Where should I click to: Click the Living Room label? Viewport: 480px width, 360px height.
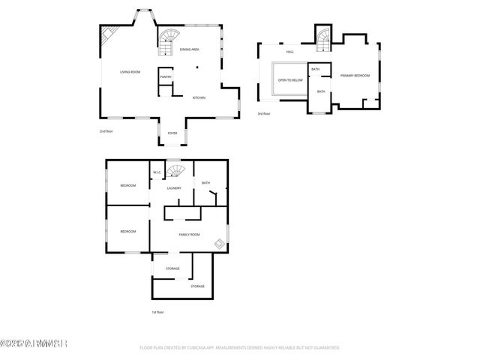(130, 72)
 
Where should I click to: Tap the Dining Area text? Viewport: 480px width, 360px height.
(189, 49)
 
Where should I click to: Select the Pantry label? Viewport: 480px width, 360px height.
(165, 76)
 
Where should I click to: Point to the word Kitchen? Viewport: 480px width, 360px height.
(199, 97)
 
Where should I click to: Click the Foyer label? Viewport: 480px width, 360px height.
(172, 133)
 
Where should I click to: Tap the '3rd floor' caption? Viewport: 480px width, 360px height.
(263, 113)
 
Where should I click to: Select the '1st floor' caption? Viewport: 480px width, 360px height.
(157, 312)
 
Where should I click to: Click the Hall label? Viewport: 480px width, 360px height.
(289, 52)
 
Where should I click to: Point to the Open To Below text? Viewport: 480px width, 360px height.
(290, 79)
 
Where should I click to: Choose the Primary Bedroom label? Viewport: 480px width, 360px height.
(355, 76)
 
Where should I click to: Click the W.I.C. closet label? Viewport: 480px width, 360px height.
(157, 172)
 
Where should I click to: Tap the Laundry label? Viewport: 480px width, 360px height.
(174, 188)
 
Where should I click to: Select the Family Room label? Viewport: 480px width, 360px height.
(189, 235)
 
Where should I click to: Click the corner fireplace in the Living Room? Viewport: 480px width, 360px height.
(109, 35)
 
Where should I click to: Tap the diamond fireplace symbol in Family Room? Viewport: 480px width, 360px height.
(218, 243)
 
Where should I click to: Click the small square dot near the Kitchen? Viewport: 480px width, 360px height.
(197, 68)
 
